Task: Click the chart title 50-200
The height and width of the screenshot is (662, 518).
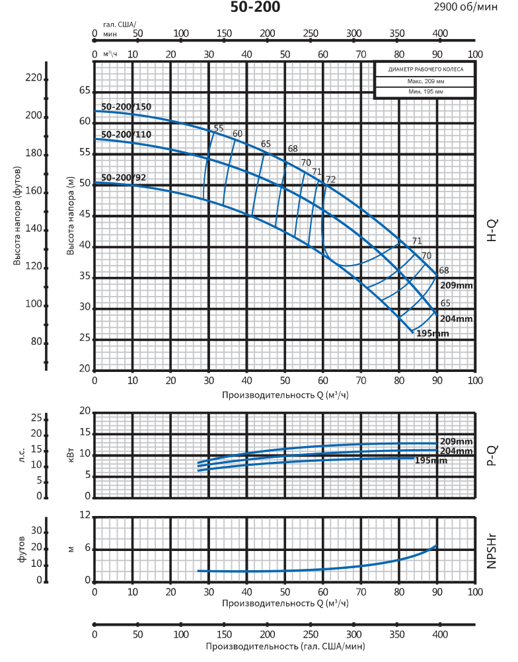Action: pos(255,8)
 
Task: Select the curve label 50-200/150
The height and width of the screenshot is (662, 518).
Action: pos(126,107)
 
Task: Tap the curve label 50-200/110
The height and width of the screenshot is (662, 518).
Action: pos(126,135)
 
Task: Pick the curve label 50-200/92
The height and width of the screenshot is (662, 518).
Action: pos(124,177)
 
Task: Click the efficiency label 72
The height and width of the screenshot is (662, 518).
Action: pos(331,180)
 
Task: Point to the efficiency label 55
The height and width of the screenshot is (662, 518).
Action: pos(219,129)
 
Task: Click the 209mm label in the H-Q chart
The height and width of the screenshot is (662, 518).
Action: pos(456,285)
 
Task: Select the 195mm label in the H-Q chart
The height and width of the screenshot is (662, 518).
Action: pos(432,334)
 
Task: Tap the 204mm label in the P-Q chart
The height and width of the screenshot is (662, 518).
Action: pos(457,451)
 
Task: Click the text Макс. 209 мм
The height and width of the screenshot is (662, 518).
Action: pos(425,81)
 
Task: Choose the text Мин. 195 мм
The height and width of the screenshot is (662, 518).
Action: pos(425,92)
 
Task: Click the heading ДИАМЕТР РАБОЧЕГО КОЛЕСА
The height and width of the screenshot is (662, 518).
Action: pos(425,69)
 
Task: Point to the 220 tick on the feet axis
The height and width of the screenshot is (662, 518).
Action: pos(33,79)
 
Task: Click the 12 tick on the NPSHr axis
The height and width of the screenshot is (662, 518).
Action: pos(85,515)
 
